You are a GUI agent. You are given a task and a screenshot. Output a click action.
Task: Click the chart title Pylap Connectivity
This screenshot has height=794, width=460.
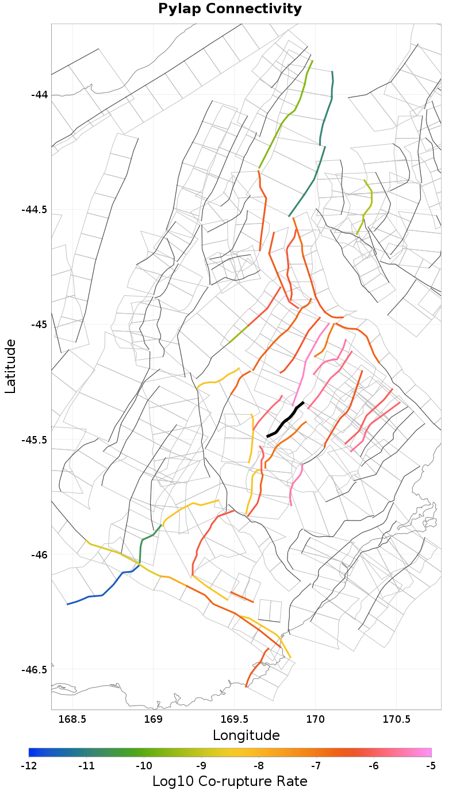[x=230, y=9]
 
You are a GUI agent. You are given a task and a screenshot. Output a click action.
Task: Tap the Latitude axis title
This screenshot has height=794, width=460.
[x=10, y=366]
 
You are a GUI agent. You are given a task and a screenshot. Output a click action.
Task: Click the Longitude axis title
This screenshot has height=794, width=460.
[x=246, y=735]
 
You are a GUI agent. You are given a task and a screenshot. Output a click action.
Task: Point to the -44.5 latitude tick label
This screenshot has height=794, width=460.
[x=34, y=210]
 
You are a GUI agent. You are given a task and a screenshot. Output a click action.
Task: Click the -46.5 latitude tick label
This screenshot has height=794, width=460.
[x=34, y=670]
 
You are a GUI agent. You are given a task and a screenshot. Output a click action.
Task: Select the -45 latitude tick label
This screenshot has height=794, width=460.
[x=39, y=325]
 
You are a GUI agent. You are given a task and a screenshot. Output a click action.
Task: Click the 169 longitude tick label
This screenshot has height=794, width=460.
[x=153, y=719]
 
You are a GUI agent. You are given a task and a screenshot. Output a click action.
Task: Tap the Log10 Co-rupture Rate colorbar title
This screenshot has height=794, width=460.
[x=230, y=781]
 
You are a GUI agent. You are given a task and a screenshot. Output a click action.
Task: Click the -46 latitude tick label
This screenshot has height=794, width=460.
[x=39, y=555]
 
